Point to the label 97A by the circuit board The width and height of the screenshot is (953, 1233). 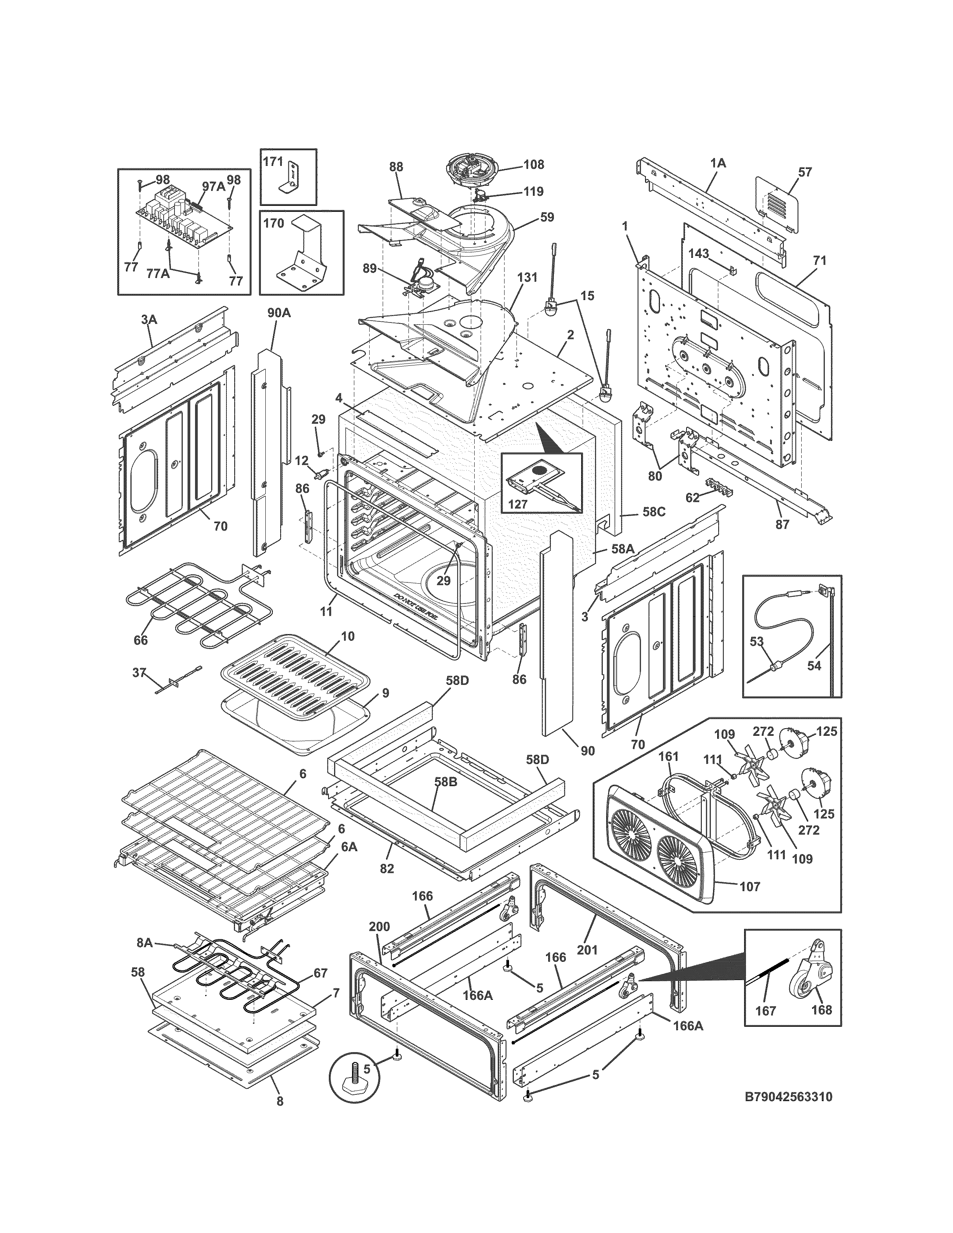(213, 187)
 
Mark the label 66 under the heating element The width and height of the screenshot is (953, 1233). (141, 640)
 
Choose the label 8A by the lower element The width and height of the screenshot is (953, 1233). (145, 942)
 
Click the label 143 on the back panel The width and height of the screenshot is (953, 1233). (699, 254)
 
